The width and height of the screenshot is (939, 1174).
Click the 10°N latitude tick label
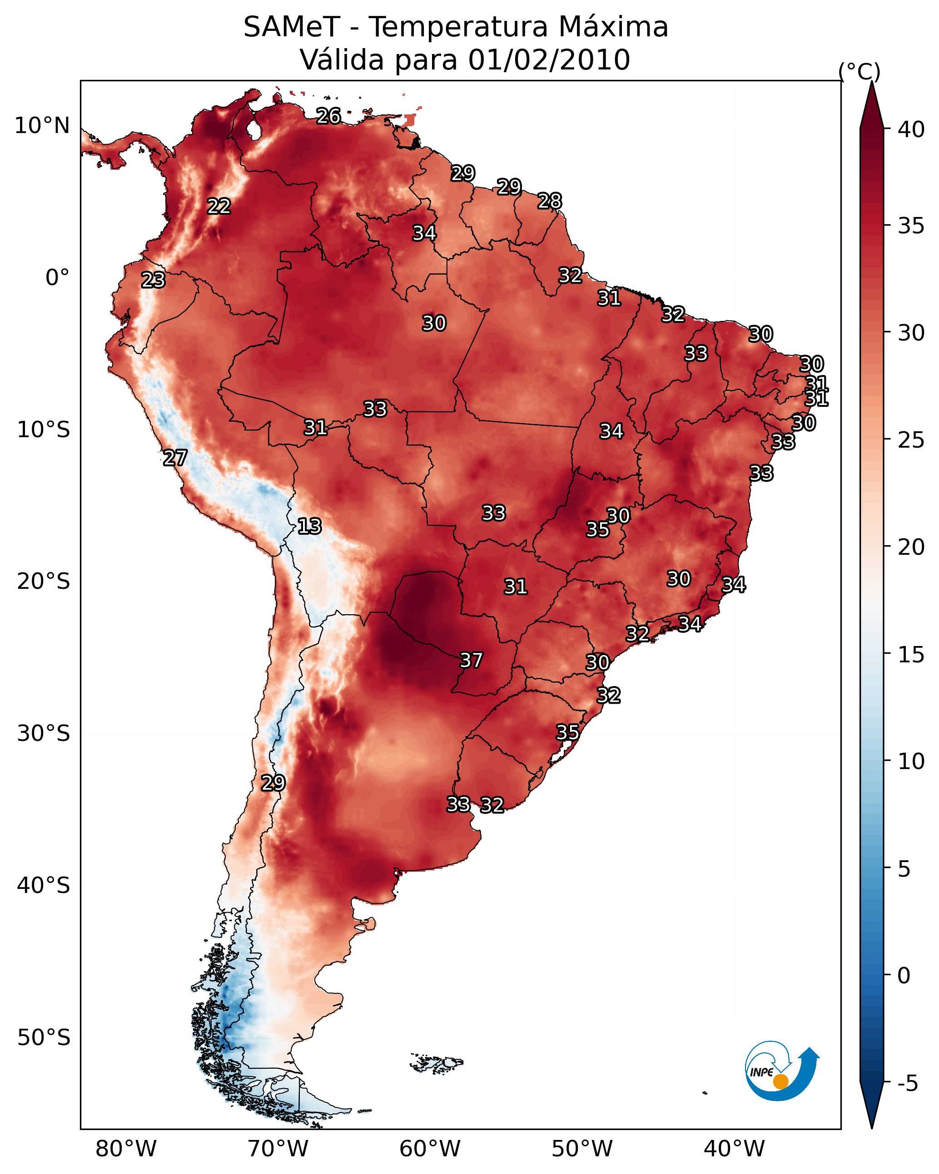(x=42, y=126)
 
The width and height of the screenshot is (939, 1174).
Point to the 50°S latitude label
(x=44, y=1038)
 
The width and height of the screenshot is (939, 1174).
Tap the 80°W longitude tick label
(x=126, y=1149)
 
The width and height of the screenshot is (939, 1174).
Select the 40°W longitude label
(x=734, y=1149)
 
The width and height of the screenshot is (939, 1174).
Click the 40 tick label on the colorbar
(x=911, y=129)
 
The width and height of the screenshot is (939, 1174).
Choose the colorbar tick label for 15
(x=911, y=655)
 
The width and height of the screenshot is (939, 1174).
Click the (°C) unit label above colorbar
(x=860, y=71)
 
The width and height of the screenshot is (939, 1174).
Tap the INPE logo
(x=782, y=1071)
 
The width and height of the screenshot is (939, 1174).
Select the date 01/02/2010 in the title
(x=549, y=60)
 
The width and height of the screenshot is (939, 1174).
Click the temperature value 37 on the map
(x=472, y=661)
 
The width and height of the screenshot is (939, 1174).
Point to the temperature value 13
(x=309, y=527)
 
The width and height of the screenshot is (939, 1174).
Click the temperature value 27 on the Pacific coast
(x=175, y=458)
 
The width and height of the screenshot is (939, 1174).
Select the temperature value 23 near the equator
(x=153, y=281)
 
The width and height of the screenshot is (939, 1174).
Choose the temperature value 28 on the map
(x=550, y=202)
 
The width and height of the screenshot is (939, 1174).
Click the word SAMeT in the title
(x=292, y=27)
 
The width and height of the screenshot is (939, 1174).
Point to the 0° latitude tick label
(x=58, y=278)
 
